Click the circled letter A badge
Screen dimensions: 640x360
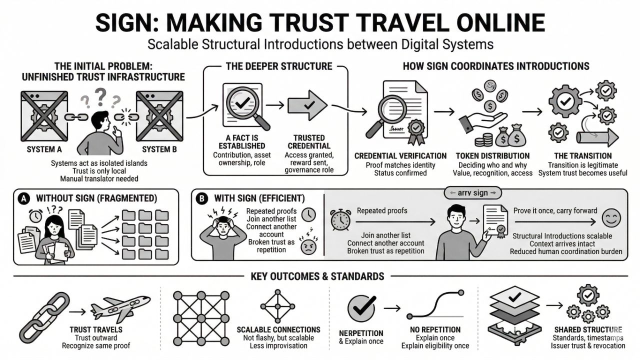pos(22,198)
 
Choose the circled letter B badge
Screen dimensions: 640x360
pos(200,198)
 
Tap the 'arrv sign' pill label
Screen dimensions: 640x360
pos(472,193)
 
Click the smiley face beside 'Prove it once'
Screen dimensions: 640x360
pos(610,218)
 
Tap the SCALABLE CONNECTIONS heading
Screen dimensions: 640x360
pos(278,330)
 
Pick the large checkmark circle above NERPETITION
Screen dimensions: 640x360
pos(361,308)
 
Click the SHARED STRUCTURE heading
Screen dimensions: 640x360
pos(588,330)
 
